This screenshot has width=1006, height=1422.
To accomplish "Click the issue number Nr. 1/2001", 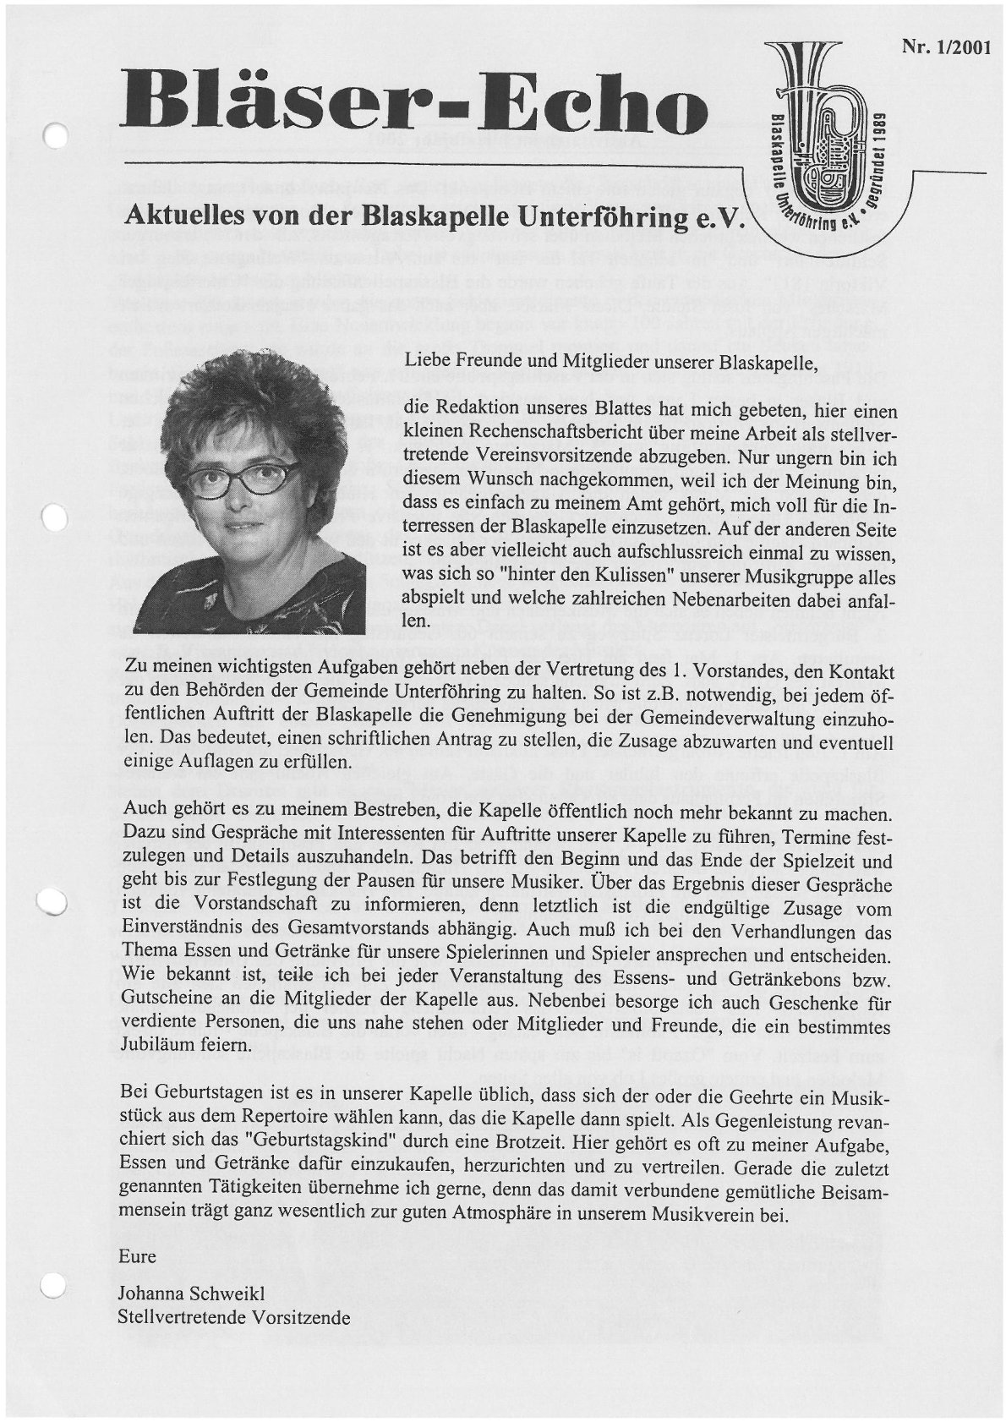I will coord(946,48).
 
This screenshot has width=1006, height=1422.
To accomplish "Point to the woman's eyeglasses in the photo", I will coord(243,480).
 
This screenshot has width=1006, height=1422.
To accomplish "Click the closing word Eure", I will coord(138,1255).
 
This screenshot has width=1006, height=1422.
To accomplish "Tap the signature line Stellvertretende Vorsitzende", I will coord(234,1316).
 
